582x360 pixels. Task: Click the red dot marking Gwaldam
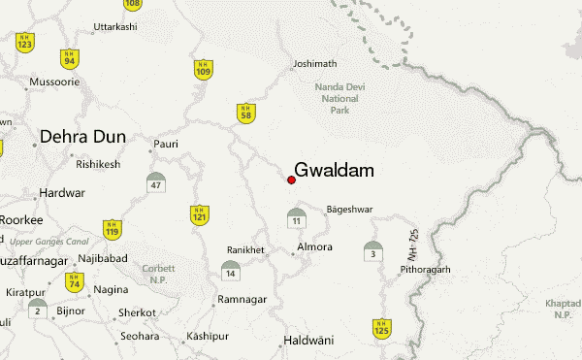tap(291, 180)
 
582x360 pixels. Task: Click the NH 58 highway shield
tap(247, 114)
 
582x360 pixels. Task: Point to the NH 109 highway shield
tap(203, 69)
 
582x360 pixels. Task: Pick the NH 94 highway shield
tap(69, 58)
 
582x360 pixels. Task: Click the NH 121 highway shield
tap(199, 215)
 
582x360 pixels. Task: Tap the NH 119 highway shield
tap(113, 229)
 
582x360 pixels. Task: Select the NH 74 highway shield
tap(73, 282)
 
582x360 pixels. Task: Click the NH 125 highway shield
tap(381, 328)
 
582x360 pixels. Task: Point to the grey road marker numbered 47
tap(156, 182)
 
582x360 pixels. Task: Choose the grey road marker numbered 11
tap(296, 218)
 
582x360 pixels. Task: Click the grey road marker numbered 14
tap(230, 270)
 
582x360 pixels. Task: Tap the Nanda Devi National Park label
tap(339, 98)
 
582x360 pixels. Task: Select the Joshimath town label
tap(313, 66)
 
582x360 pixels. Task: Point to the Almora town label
tap(315, 247)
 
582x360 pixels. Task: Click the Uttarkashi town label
tap(115, 26)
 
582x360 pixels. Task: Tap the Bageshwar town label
tap(349, 209)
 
